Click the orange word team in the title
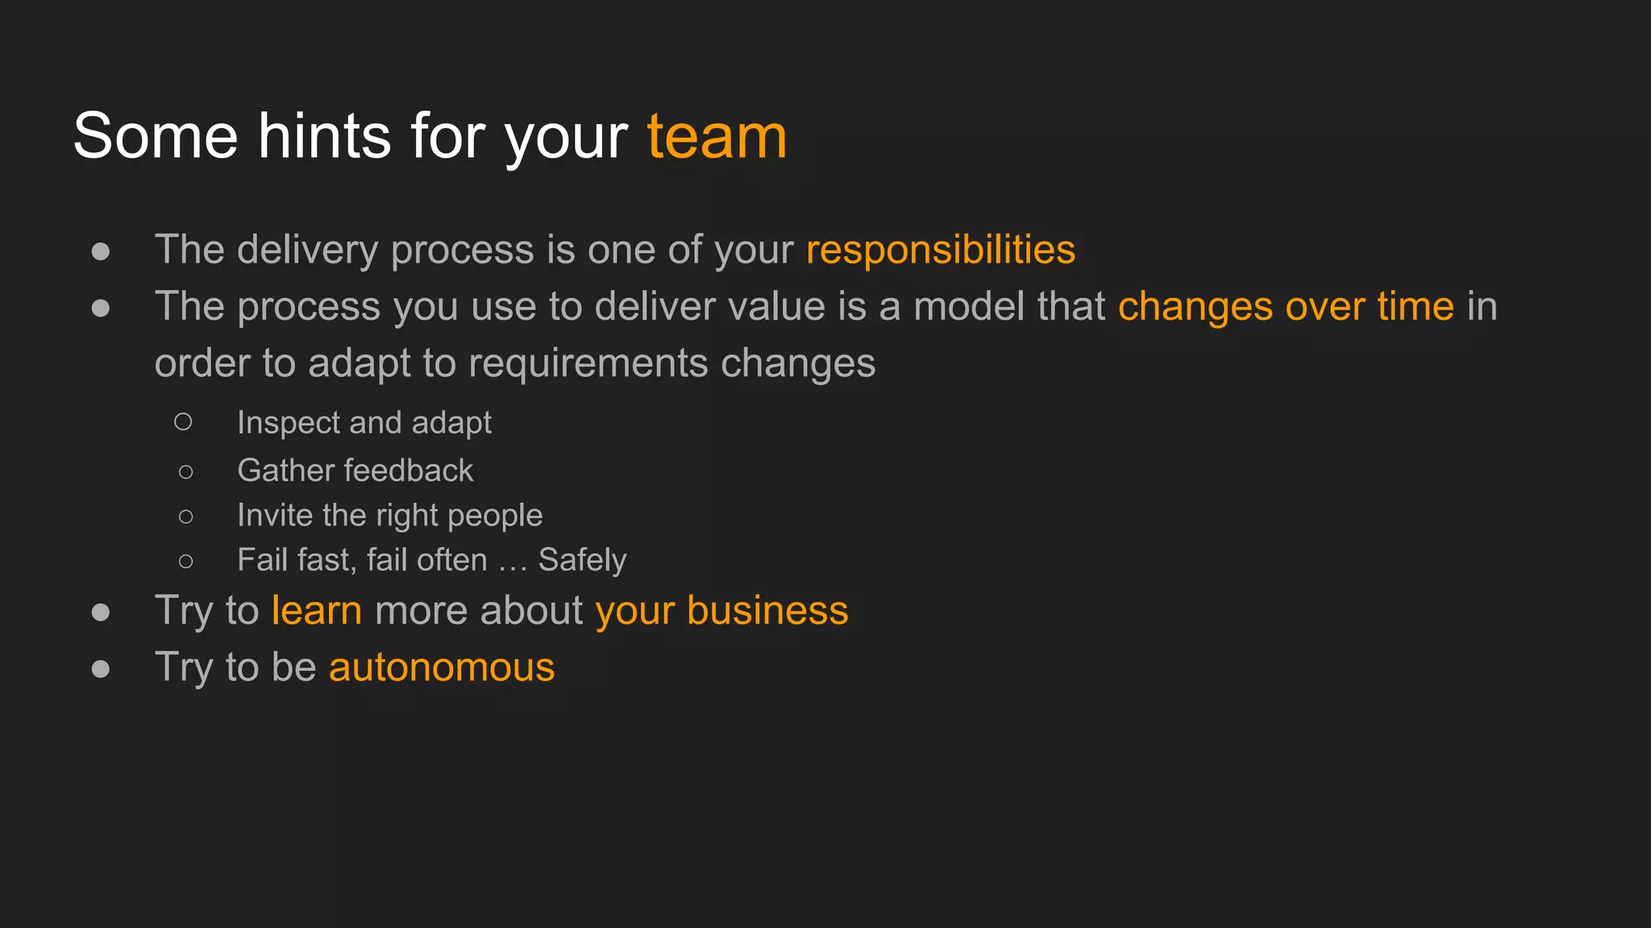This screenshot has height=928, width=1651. click(717, 137)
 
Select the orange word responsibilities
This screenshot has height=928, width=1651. click(940, 250)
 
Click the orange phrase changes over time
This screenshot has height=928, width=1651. click(1286, 307)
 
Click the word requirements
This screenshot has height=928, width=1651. click(588, 363)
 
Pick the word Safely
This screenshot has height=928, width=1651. click(582, 561)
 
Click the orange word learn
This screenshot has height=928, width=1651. click(317, 611)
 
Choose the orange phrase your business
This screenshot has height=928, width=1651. click(722, 611)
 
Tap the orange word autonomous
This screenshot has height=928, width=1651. click(442, 668)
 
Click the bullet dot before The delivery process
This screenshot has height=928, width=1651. click(101, 251)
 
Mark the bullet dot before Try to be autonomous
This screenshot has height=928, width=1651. click(101, 669)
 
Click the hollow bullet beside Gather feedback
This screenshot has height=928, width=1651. click(185, 472)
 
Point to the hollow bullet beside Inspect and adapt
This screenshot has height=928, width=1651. click(183, 421)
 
